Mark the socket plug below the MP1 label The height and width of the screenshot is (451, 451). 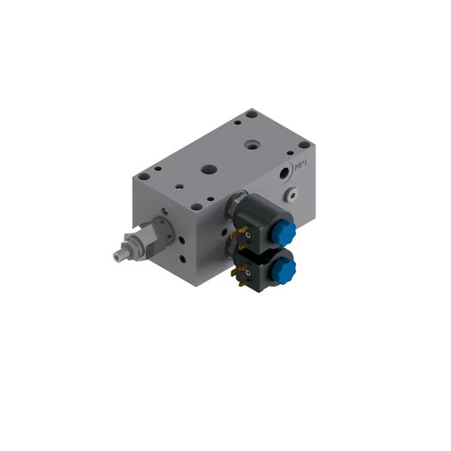290,192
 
